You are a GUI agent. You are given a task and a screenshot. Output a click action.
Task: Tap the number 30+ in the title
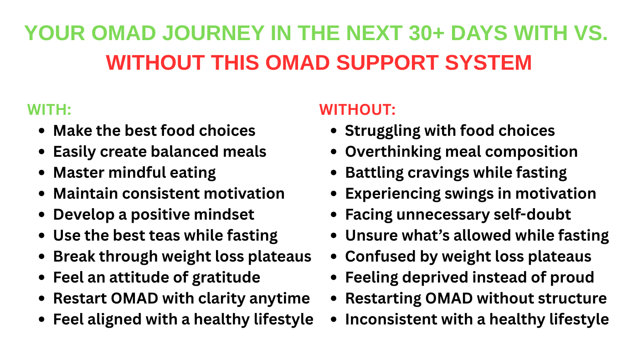coord(427,33)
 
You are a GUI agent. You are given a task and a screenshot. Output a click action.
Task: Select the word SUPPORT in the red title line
coord(387,63)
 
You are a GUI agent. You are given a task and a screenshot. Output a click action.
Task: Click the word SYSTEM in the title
coord(488,63)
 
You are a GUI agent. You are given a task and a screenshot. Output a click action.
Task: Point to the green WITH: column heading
coord(49,110)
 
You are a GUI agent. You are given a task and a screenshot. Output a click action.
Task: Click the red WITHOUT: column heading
coord(357,110)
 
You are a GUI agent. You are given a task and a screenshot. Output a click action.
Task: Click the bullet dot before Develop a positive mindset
coord(41,215)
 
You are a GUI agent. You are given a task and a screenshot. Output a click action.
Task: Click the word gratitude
coord(226,278)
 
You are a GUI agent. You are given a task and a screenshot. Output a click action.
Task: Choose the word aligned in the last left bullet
coord(114,319)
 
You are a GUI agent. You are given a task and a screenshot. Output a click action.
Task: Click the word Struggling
coord(382,131)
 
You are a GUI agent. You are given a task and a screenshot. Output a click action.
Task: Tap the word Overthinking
coord(393,152)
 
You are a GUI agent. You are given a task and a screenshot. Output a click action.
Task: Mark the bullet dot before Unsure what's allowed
coord(334,236)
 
